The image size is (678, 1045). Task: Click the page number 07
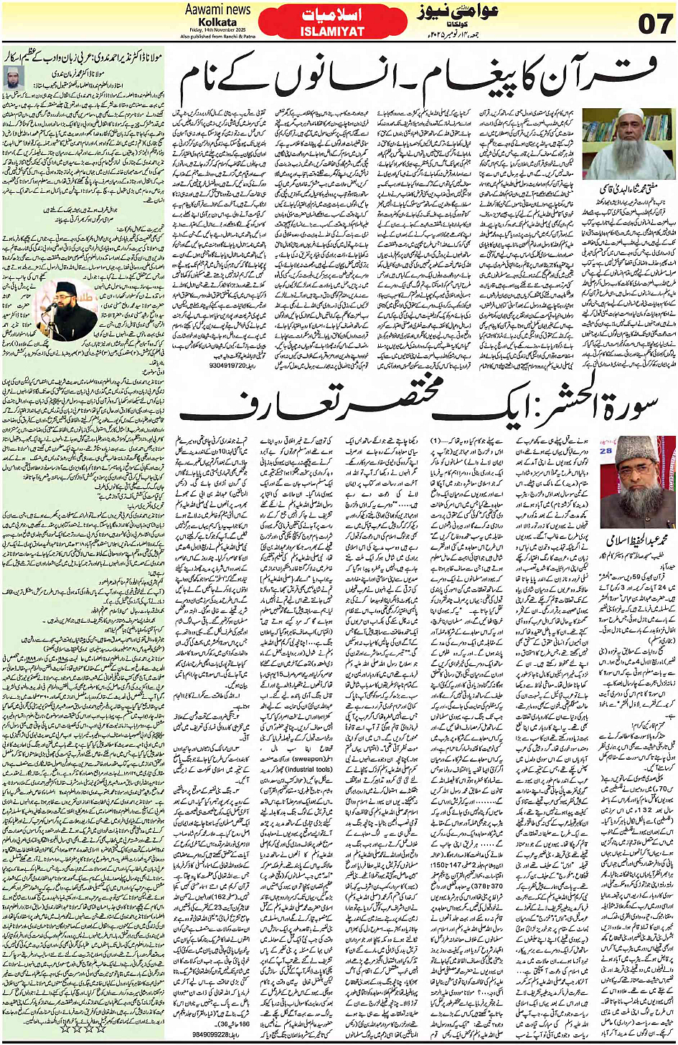coord(654,23)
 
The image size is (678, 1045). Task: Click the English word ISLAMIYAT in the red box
coord(332,32)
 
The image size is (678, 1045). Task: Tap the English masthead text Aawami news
coord(218,10)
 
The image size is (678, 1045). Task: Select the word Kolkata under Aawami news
coord(217,22)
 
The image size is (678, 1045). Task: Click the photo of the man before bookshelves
coord(627,144)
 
